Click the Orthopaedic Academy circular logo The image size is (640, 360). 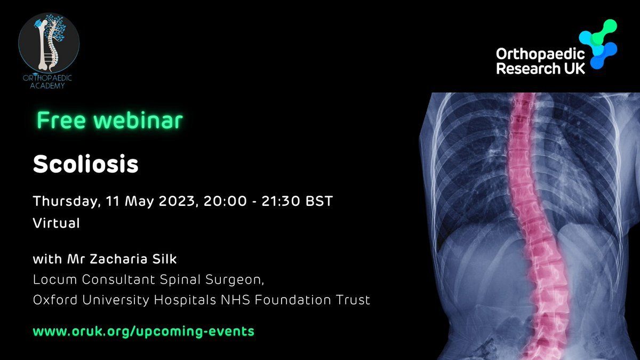tap(49, 43)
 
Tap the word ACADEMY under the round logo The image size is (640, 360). tap(47, 86)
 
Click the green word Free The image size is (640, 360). tap(61, 120)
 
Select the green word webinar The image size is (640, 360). tap(138, 120)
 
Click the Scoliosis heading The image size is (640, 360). tap(86, 164)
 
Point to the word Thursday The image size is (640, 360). tap(67, 201)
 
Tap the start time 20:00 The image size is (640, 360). tap(225, 201)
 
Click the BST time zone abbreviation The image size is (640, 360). tap(319, 201)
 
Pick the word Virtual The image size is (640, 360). tap(57, 223)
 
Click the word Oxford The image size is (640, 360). tap(55, 300)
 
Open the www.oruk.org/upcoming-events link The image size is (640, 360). tap(143, 331)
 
